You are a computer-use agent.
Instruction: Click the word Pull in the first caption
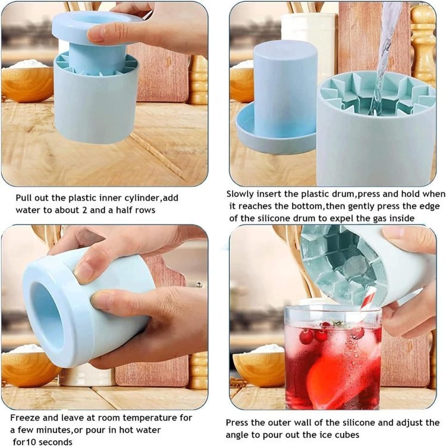23,197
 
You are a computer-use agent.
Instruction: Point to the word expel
354,219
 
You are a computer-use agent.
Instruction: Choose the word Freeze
24,418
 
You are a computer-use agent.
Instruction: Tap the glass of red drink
333,356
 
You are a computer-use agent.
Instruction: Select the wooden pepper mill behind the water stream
423,43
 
